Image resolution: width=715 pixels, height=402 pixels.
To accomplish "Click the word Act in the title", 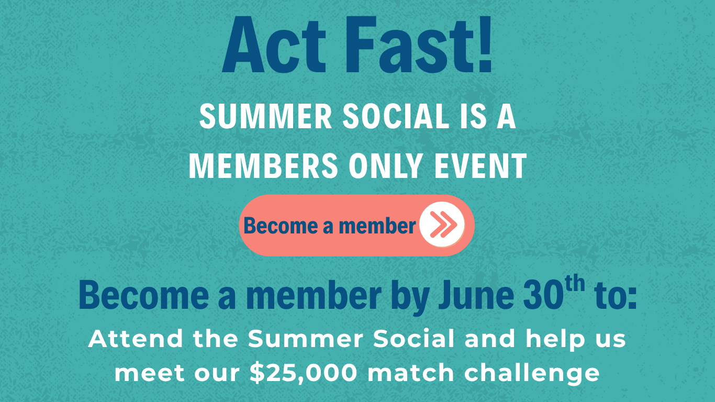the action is (x=274, y=44).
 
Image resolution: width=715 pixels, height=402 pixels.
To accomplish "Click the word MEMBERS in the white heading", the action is (x=263, y=166).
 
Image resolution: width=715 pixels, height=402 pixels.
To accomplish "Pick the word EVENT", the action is (x=480, y=166).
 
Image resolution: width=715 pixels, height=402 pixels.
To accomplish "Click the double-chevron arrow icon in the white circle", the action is (x=443, y=225).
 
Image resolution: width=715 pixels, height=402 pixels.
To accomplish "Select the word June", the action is (x=476, y=295).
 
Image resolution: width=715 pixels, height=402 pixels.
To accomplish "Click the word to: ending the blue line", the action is (x=616, y=296).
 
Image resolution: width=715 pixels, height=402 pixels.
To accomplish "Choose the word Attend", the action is (x=136, y=339).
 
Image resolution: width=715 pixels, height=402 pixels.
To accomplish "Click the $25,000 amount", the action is (x=304, y=373).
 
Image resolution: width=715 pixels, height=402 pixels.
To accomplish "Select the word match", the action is (x=411, y=373).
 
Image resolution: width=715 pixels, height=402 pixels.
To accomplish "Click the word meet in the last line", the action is (x=149, y=373).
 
